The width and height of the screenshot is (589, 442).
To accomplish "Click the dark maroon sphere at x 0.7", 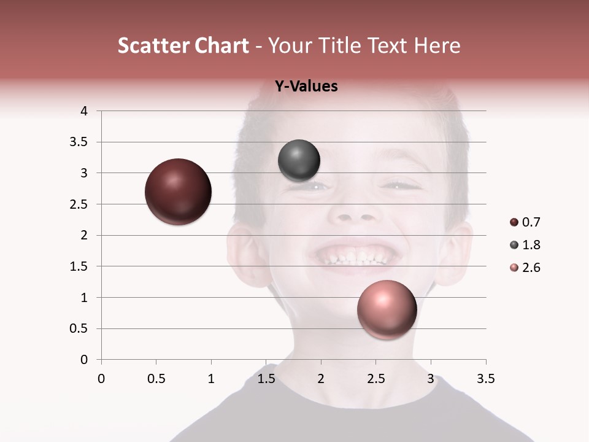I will tap(179, 192).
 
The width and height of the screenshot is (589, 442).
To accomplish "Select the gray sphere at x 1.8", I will tap(299, 161).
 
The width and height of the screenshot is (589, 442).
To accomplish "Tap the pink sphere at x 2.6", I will tap(387, 309).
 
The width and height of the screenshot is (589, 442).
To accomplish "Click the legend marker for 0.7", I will tap(514, 222).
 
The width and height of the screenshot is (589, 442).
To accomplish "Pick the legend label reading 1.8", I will tap(531, 245).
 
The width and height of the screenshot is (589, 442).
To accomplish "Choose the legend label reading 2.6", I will tap(531, 268).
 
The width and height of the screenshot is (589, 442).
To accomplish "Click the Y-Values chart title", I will tap(306, 87).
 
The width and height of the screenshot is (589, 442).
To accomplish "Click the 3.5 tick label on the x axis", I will tap(485, 379).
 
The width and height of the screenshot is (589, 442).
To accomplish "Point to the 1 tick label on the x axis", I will tap(211, 379).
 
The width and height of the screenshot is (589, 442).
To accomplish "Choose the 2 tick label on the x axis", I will tap(321, 379).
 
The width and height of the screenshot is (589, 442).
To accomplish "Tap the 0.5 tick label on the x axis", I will tap(156, 379).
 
